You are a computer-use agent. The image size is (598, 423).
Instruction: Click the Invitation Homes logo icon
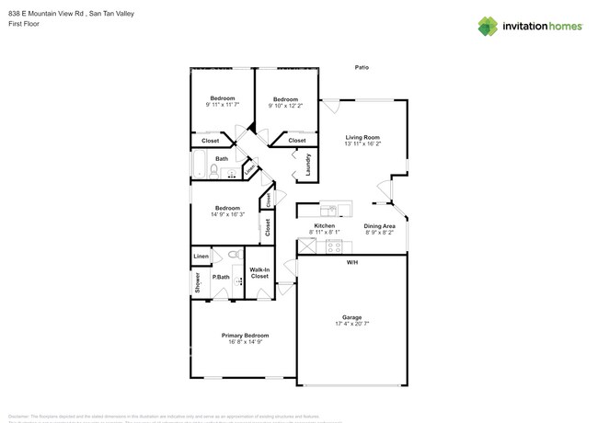click(488, 26)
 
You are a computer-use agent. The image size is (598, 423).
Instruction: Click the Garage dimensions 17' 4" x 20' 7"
click(351, 324)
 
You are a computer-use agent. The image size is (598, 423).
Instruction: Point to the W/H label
click(352, 263)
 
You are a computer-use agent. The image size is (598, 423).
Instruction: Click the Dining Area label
click(379, 225)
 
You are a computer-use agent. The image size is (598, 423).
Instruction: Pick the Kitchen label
click(325, 225)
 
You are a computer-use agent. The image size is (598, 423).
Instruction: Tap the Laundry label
click(308, 165)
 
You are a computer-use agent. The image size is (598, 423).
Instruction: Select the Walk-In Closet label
click(259, 273)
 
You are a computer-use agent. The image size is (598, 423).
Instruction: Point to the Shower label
click(197, 283)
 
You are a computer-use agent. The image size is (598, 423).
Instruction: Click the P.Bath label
click(221, 277)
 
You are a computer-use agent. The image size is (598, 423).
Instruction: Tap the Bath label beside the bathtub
click(222, 159)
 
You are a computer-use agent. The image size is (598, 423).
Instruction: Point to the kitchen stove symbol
click(333, 246)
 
